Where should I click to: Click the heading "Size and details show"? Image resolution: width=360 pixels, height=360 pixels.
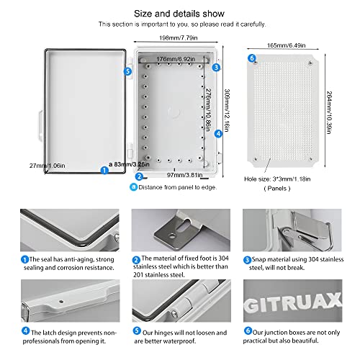click(180, 12)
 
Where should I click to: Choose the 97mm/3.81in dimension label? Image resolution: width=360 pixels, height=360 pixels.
click(171, 175)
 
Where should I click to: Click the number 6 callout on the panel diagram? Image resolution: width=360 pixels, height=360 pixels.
click(251, 58)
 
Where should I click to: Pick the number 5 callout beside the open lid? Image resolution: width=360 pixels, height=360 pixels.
click(127, 71)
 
